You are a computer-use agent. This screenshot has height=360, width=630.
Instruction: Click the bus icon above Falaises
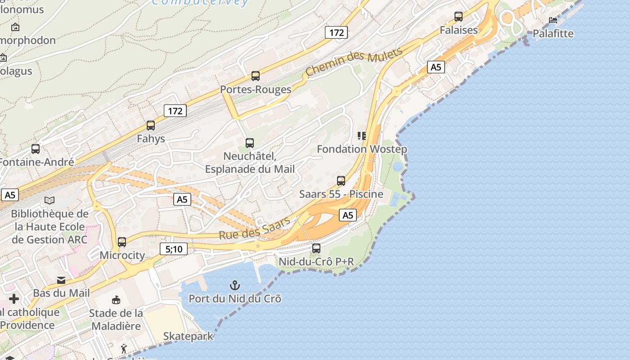[458, 17]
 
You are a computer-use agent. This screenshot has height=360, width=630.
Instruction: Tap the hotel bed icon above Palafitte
[553, 20]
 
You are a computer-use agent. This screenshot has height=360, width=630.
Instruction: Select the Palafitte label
[553, 34]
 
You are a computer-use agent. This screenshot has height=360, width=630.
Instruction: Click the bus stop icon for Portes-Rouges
[256, 76]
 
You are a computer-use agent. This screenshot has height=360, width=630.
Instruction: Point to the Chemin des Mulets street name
[354, 62]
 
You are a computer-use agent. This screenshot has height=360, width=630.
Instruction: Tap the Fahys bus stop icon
[151, 125]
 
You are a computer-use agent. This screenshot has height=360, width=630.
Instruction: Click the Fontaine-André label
[36, 162]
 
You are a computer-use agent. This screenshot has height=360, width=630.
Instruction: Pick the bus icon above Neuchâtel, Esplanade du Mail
[250, 143]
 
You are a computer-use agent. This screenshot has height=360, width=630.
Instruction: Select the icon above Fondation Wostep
[362, 135]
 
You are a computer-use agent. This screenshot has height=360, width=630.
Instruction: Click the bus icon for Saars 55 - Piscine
[341, 180]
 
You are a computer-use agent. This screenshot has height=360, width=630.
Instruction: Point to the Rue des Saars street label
[254, 228]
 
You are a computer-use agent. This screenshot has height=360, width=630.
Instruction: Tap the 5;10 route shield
[174, 248]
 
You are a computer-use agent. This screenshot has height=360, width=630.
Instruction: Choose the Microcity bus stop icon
[122, 242]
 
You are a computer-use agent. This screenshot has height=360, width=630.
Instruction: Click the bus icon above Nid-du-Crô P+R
[316, 248]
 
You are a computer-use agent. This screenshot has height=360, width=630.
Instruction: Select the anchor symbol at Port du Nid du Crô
[234, 285]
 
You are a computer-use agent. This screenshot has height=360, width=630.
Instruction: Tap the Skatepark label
[188, 336]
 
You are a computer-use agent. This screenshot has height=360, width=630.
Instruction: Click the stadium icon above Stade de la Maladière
[116, 299]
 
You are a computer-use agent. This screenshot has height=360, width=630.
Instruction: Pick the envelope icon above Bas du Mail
[61, 280]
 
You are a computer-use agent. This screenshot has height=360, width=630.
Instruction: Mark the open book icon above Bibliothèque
[49, 200]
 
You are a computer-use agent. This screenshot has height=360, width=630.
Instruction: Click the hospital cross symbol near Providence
[14, 298]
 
